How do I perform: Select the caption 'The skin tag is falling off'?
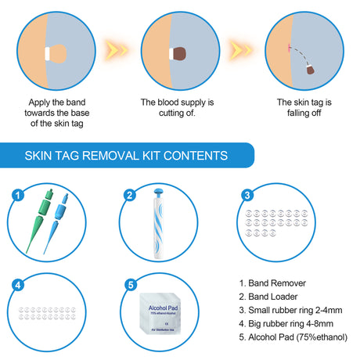304,108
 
